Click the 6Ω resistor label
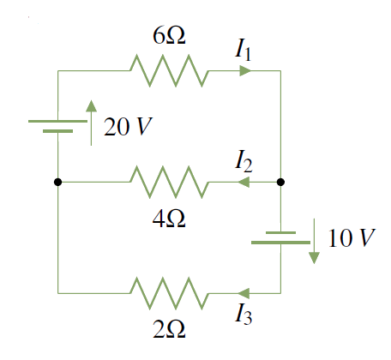tap(169, 37)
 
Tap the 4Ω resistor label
tap(168, 218)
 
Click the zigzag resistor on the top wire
tap(168, 71)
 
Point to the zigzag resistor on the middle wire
tap(168, 182)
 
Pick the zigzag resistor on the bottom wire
tap(168, 293)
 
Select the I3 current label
tap(246, 315)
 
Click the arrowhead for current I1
tap(245, 71)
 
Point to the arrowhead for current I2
tap(244, 182)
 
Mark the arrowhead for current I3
tap(244, 293)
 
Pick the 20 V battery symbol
tap(57, 126)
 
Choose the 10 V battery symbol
tap(280, 237)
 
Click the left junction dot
tap(57, 182)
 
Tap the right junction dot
tap(280, 182)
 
